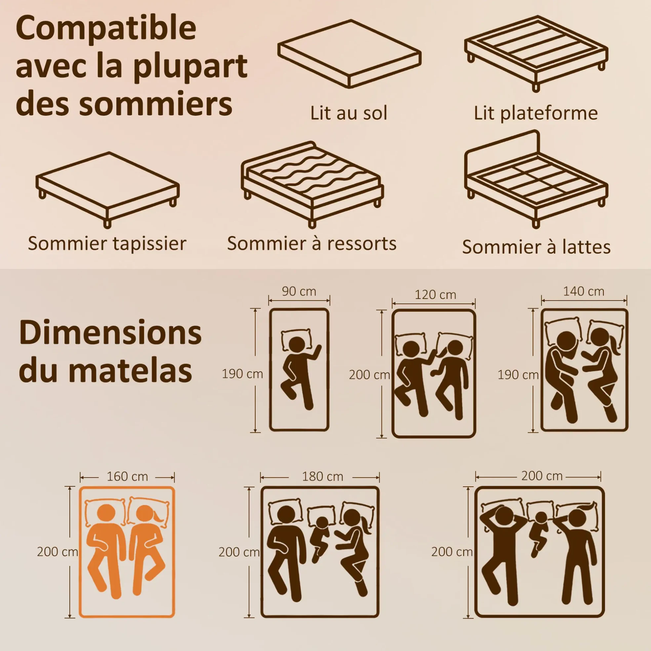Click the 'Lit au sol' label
tap(349, 113)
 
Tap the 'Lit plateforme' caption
tap(536, 113)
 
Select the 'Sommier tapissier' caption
tap(107, 244)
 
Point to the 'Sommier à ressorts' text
tap(312, 243)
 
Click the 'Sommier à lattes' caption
tap(536, 247)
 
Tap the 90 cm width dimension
tap(299, 292)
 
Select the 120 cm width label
tap(435, 295)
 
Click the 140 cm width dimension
tap(584, 292)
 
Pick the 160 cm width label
tap(127, 476)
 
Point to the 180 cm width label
tap(322, 476)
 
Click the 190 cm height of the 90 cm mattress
tap(242, 374)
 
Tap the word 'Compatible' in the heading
tap(106, 29)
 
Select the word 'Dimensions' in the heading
tap(110, 333)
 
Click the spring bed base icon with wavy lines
tap(312, 184)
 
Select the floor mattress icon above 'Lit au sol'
tap(349, 54)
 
